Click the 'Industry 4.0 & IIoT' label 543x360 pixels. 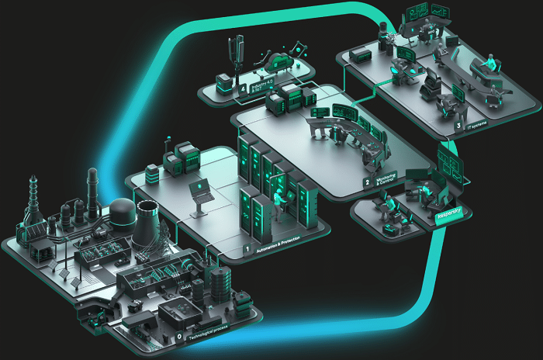[258, 87]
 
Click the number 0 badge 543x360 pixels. [180, 337]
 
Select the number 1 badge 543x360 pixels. [247, 251]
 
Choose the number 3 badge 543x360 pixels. [458, 124]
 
